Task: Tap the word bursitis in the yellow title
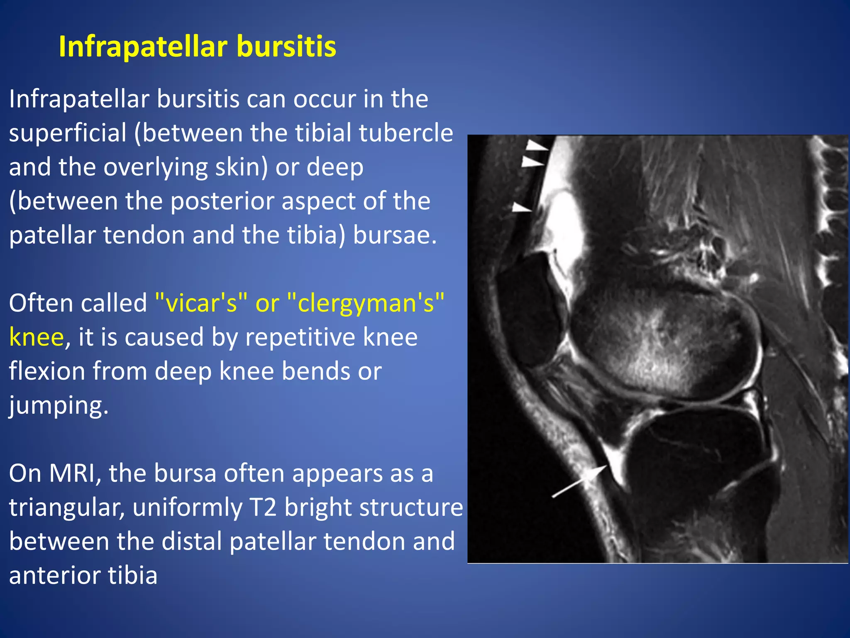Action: [x=286, y=47]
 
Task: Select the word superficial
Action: [x=68, y=134]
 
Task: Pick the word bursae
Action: [x=394, y=235]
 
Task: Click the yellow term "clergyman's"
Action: [x=365, y=304]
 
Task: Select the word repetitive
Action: [x=300, y=337]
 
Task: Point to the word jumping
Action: [x=59, y=406]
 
